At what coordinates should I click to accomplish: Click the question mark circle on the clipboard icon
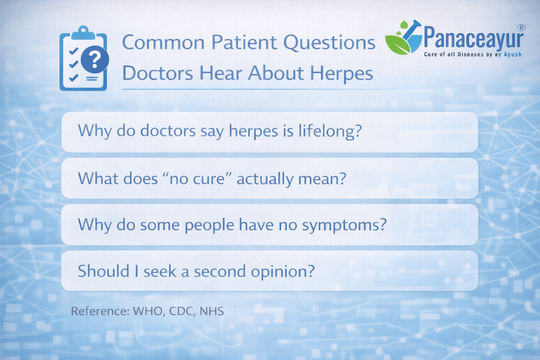point(94,60)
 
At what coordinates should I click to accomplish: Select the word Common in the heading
point(163,43)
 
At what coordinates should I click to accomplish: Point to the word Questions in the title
point(329,43)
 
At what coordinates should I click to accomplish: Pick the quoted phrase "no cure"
point(197,179)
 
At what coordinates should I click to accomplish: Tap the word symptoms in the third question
point(344,225)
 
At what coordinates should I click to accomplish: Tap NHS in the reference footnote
point(212,311)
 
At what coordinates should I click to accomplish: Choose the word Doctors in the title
point(157,73)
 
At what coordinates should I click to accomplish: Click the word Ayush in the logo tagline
point(513,54)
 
